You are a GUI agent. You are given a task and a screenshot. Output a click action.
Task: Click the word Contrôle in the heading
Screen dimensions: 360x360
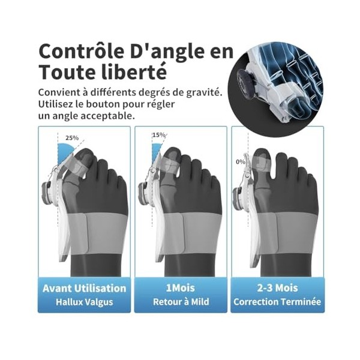[81, 51]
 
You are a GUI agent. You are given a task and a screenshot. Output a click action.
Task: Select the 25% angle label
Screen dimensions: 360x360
[72, 138]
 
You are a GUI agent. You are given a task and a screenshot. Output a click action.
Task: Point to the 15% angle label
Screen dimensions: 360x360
[159, 135]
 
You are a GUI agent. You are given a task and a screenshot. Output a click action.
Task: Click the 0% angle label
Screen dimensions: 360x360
[241, 162]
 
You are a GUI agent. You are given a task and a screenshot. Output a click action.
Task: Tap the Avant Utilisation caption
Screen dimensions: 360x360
[84, 289]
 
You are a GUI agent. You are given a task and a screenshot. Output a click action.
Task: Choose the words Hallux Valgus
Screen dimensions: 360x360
[84, 302]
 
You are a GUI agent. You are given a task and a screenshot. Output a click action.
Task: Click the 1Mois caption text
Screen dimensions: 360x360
[180, 288]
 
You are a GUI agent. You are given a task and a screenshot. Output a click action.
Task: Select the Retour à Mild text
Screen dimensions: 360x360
[181, 302]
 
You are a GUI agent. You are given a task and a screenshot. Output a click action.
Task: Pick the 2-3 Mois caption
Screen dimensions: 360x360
[277, 288]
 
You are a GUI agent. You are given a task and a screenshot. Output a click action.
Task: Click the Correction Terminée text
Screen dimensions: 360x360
[277, 302]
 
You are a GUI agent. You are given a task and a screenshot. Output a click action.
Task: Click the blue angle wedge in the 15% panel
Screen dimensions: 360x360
[157, 151]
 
